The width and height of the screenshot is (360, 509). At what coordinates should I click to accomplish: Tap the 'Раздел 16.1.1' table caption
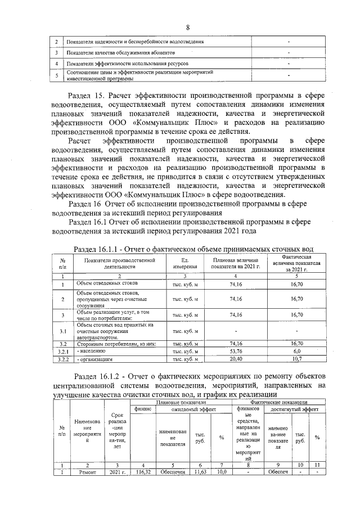click(x=193, y=249)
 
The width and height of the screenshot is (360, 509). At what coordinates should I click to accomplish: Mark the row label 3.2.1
click(x=64, y=351)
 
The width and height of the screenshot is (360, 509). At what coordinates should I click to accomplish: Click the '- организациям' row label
click(x=96, y=358)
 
